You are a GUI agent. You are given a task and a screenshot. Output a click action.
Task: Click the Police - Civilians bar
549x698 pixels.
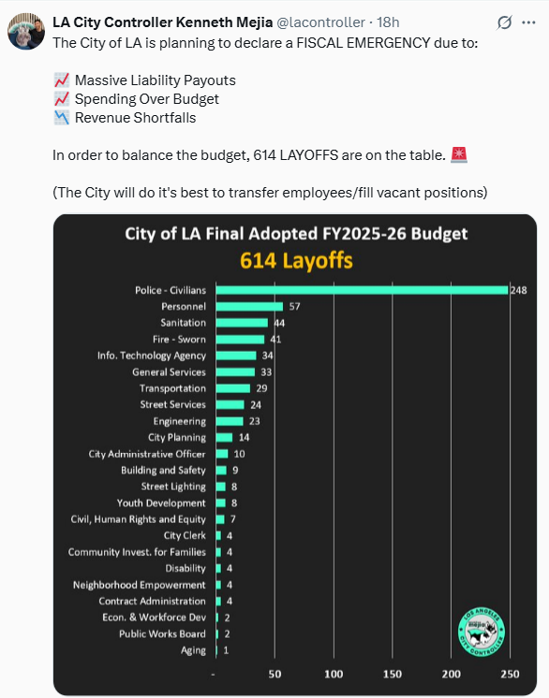coord(362,290)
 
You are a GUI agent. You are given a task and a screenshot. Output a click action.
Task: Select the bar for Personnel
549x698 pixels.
coord(249,307)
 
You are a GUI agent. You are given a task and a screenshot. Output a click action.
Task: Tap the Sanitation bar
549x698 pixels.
coord(242,323)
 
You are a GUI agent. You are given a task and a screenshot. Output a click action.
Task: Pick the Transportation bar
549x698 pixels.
coord(233,388)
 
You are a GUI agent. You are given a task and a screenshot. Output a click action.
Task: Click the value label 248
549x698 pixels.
coord(519,290)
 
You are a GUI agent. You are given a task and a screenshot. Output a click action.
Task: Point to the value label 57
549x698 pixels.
coord(294,307)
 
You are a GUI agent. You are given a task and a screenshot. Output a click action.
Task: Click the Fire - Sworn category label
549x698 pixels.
coord(179,340)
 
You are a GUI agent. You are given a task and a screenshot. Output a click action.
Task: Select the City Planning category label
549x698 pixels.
coord(177,438)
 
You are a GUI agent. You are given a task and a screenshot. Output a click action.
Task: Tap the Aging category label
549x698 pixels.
coord(193,650)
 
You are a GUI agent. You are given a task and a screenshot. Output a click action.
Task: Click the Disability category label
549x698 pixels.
coord(185,569)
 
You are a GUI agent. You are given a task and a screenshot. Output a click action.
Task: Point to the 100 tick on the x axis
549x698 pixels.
coord(334,675)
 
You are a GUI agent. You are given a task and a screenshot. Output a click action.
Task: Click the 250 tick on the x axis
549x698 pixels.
coord(510,675)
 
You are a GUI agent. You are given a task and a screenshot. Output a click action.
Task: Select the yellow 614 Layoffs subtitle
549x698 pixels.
coord(296,261)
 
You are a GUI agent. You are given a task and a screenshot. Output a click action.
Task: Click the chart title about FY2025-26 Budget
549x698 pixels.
coord(296,234)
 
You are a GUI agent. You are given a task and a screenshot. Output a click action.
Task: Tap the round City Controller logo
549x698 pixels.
coord(482,633)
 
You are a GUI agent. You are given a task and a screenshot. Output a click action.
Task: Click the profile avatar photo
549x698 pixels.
coord(26,31)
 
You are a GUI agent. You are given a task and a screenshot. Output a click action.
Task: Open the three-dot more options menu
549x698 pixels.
coord(528,22)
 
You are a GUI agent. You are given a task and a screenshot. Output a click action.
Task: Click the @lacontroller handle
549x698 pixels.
coord(320,22)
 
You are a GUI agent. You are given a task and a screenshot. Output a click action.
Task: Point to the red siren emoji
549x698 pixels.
coord(459,155)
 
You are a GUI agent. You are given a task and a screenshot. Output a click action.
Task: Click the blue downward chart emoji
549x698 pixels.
coord(62,118)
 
